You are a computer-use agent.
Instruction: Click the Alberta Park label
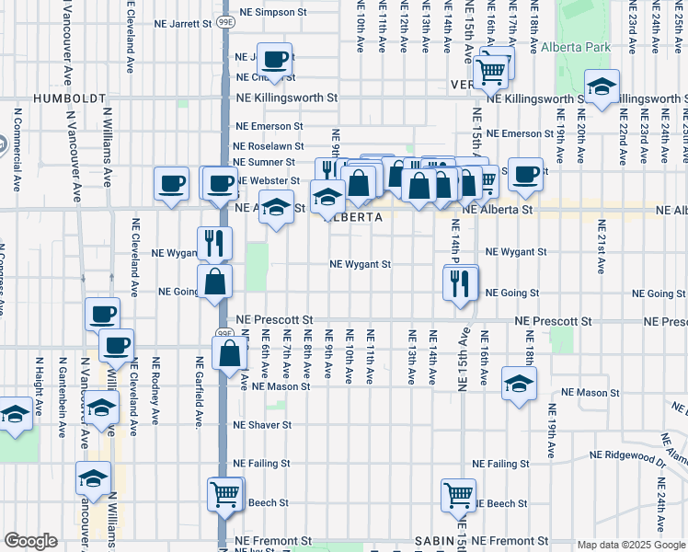coord(570,47)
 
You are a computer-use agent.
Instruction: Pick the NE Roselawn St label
coord(268,145)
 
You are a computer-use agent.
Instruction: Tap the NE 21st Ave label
coord(602,247)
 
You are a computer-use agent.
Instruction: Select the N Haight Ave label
coord(40,385)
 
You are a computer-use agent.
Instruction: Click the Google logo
coord(30,541)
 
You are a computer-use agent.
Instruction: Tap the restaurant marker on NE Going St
coord(462,284)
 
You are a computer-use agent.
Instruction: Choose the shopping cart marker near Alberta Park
coord(492,70)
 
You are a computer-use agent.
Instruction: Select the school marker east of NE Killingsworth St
coord(602,88)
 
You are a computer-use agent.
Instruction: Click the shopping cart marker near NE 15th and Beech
coord(458,494)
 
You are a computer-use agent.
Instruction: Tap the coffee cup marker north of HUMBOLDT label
coord(275,60)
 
